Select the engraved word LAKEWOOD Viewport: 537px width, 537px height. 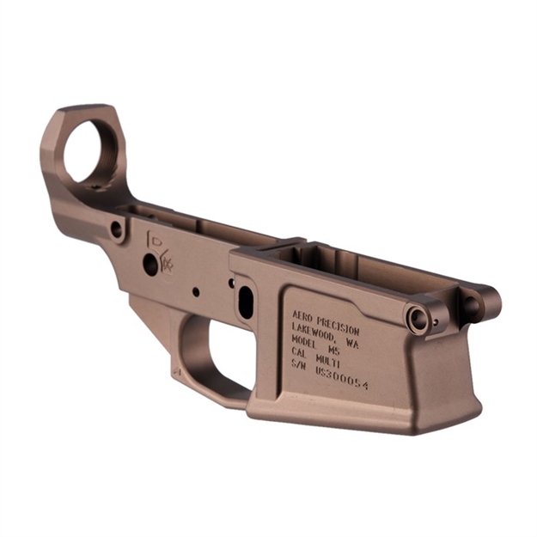pyautogui.click(x=314, y=331)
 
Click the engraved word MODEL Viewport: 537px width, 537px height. pyautogui.click(x=307, y=344)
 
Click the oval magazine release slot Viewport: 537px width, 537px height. pyautogui.click(x=245, y=302)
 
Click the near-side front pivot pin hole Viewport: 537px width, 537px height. pyautogui.click(x=418, y=320)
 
